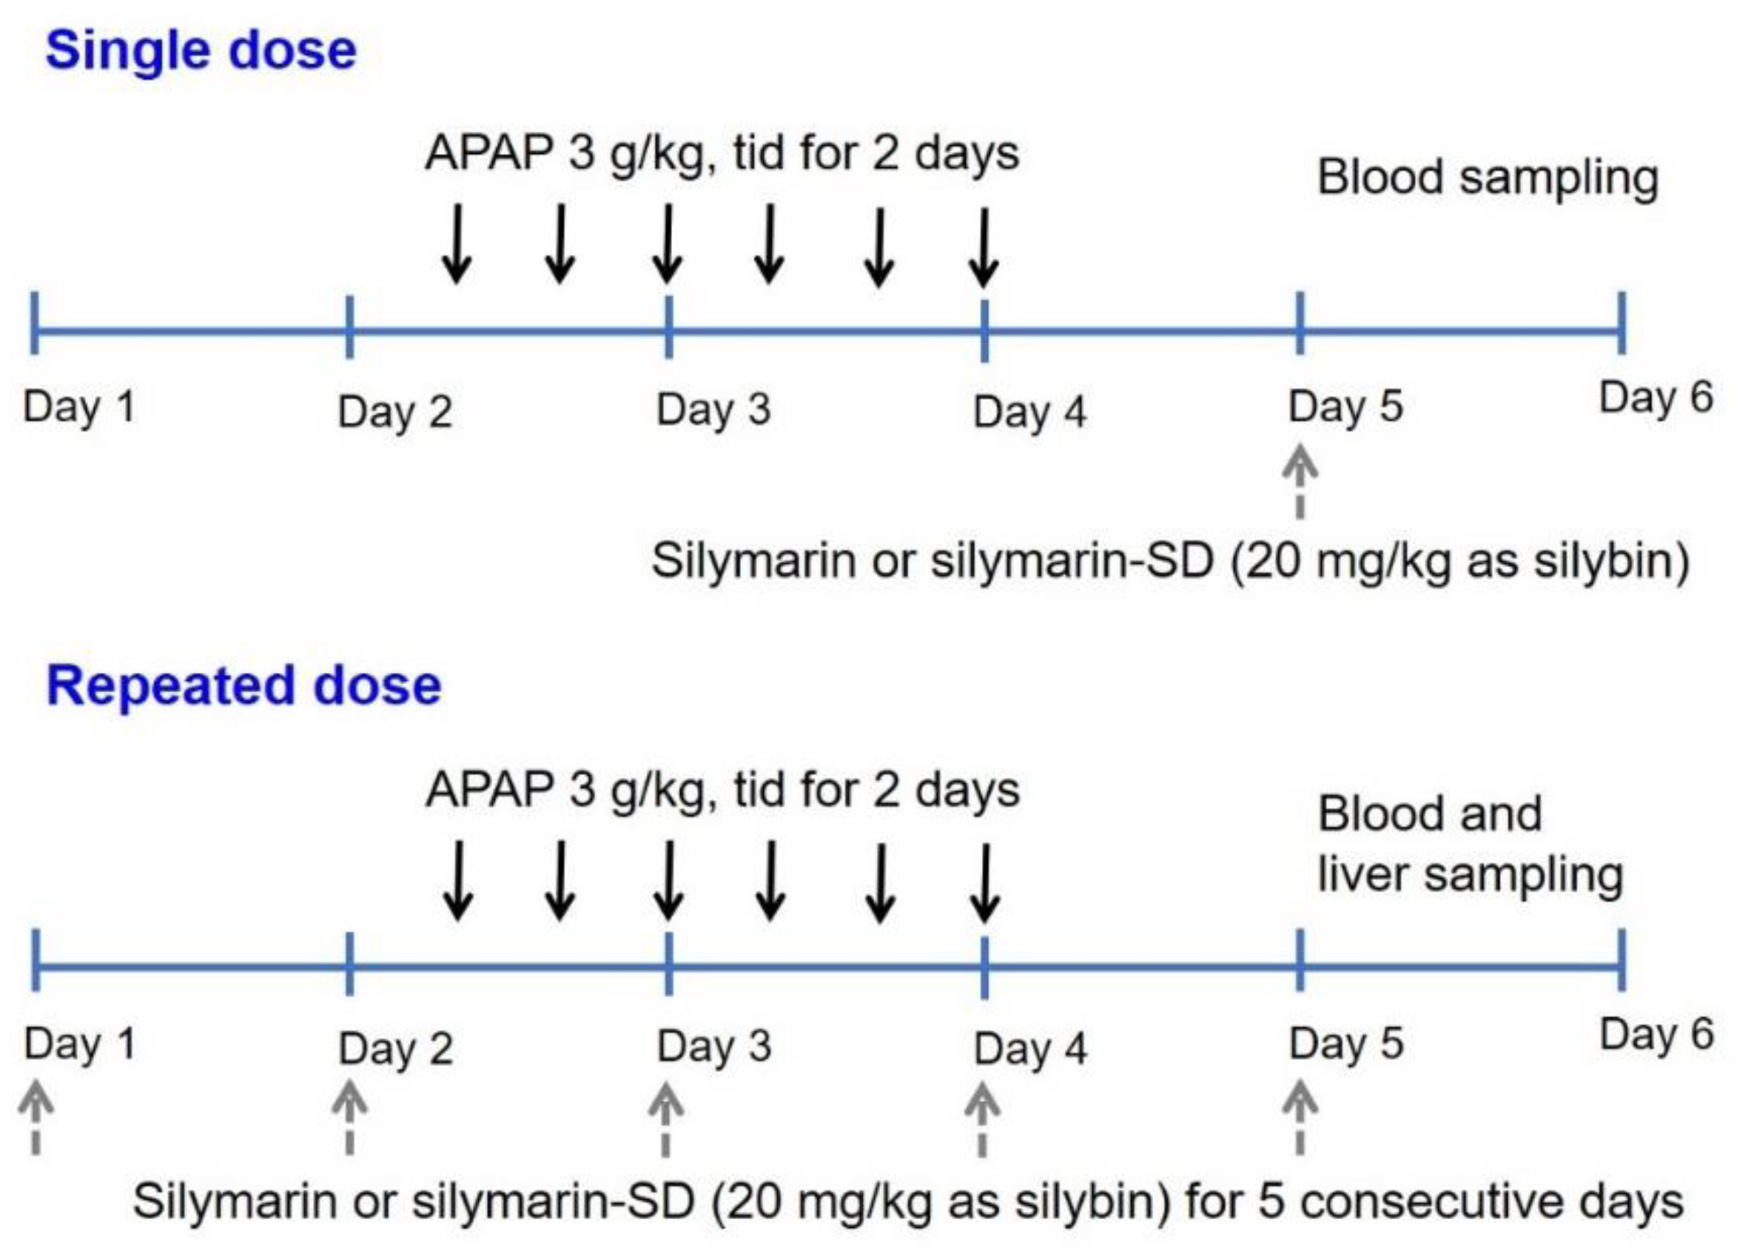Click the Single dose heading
201,50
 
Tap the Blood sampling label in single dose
1488,178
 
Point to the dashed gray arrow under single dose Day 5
1300,483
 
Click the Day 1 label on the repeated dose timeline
80,1044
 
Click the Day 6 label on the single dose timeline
1656,398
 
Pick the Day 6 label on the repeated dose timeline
1656,1034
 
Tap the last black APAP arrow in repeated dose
984,882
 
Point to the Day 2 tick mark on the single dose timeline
349,327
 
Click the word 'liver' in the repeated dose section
1362,875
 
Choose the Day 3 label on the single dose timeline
713,410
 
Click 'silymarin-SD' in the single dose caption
1072,561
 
